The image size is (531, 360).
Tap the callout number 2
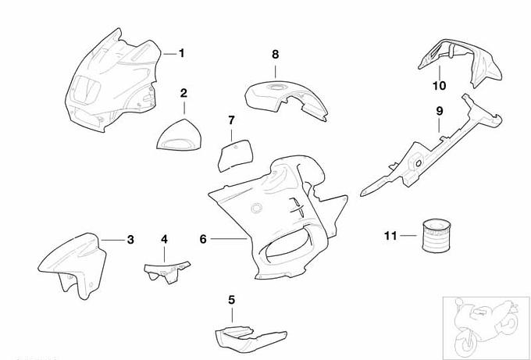pyautogui.click(x=184, y=93)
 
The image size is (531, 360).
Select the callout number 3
pyautogui.click(x=130, y=239)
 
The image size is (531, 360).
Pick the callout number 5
pyautogui.click(x=231, y=299)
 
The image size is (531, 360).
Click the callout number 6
pyautogui.click(x=203, y=239)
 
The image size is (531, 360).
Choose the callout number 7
pyautogui.click(x=231, y=120)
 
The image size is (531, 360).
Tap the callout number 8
pyautogui.click(x=275, y=54)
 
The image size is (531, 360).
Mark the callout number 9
pyautogui.click(x=440, y=111)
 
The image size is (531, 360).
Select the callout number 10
pyautogui.click(x=439, y=84)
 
